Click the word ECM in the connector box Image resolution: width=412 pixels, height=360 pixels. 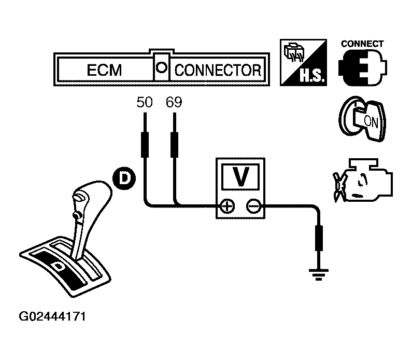104,70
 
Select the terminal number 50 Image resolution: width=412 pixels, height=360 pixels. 145,102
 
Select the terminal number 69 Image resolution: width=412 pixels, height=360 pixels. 174,102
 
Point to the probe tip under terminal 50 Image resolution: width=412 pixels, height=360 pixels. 145,145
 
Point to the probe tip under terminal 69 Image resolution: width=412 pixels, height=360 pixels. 175,145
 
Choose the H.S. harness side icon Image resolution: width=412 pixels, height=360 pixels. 303,64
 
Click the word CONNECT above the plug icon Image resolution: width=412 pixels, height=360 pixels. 363,44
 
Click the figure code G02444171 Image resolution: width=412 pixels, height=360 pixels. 52,316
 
